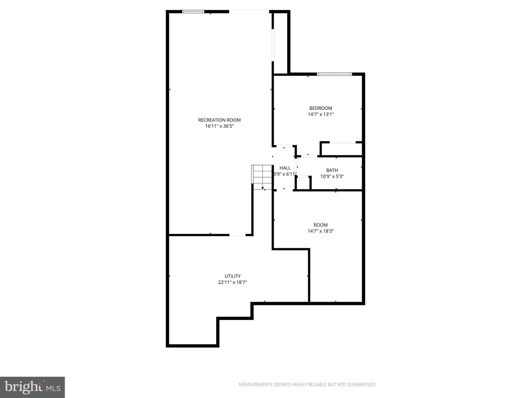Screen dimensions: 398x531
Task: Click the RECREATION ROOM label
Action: (x=219, y=120)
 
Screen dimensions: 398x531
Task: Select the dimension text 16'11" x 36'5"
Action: (x=219, y=126)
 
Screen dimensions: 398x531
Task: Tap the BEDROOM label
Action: (x=320, y=108)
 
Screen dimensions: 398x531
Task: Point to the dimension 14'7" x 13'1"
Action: (x=320, y=115)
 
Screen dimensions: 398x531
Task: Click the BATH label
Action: (x=332, y=170)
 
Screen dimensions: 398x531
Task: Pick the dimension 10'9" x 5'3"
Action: (x=332, y=177)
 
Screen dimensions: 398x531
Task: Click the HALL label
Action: (x=285, y=168)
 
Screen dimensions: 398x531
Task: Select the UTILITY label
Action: (x=232, y=276)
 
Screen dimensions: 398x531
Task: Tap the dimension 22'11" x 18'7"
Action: (x=232, y=282)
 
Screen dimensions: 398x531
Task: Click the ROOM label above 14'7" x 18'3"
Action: (x=320, y=225)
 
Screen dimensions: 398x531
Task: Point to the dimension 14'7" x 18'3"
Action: (x=320, y=231)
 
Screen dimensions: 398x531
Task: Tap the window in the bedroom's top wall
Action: (x=334, y=74)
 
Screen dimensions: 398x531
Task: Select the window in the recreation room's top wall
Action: (x=193, y=12)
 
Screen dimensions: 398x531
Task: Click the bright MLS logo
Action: (x=32, y=387)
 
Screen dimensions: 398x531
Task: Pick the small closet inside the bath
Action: (x=303, y=183)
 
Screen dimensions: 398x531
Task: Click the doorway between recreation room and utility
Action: (x=237, y=235)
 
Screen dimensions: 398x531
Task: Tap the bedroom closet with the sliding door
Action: (x=342, y=149)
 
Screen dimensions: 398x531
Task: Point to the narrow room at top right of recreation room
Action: (x=280, y=43)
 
